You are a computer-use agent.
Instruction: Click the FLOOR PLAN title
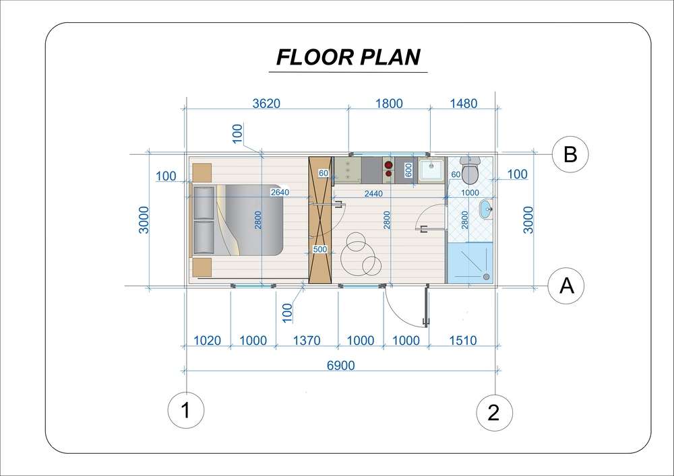(348, 57)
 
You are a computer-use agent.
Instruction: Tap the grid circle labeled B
(570, 154)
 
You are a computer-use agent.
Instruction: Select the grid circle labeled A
(567, 285)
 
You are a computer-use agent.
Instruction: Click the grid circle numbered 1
(186, 410)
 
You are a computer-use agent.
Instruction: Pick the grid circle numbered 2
(494, 413)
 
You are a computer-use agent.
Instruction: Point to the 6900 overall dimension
(341, 366)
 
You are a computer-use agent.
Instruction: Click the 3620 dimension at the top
(266, 104)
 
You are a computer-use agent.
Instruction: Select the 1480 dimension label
(464, 104)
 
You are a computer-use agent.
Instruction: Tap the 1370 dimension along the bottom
(307, 341)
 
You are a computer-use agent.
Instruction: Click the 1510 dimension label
(463, 341)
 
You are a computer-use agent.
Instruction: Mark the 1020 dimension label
(207, 341)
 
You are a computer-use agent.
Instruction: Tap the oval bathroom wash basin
(486, 210)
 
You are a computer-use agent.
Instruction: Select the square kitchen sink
(431, 170)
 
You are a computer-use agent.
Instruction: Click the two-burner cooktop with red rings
(388, 169)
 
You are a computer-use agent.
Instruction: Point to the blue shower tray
(470, 263)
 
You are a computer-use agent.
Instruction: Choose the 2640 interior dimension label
(280, 193)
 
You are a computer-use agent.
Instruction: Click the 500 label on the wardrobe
(319, 249)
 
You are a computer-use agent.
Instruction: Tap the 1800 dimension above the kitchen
(389, 104)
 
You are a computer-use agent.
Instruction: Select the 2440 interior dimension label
(373, 194)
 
